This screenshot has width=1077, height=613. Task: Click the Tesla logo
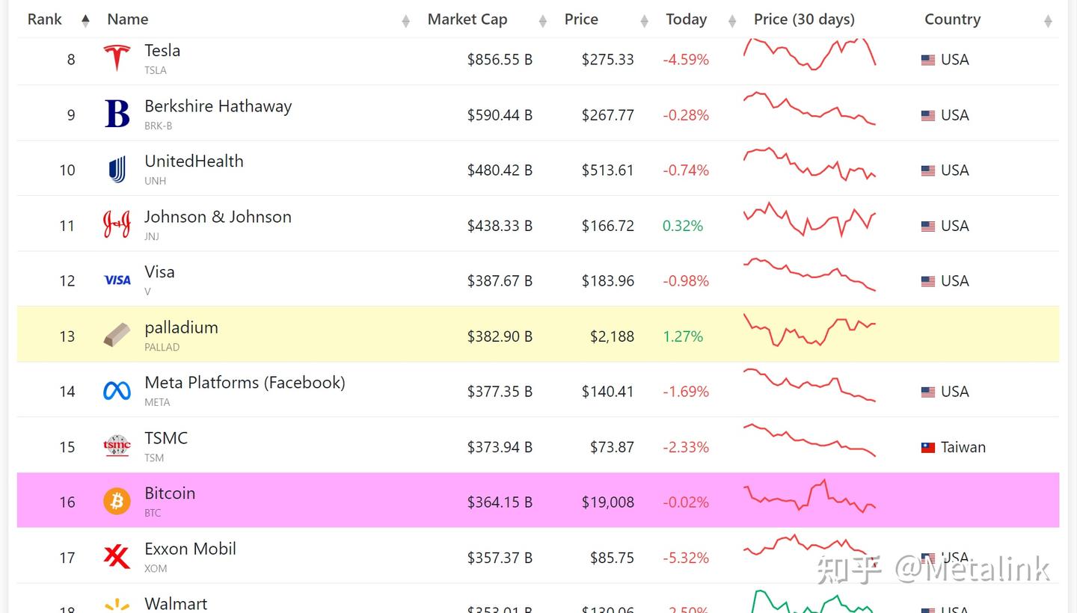[x=117, y=58]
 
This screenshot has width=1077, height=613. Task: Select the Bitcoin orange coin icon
[x=117, y=502]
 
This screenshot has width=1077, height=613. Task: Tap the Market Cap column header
[x=467, y=19]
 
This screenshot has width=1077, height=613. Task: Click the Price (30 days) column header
[x=804, y=19]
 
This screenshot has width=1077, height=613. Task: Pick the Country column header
[x=952, y=19]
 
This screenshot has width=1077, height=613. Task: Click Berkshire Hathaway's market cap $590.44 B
[x=500, y=115]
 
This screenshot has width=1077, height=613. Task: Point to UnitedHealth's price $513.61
[x=607, y=170]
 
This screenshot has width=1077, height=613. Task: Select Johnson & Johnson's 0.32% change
[x=682, y=226]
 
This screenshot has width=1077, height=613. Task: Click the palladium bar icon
[x=117, y=335]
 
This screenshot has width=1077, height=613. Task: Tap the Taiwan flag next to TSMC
[x=927, y=448]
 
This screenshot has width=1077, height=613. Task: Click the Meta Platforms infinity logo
[x=117, y=391]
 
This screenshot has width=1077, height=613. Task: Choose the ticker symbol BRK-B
[x=158, y=126]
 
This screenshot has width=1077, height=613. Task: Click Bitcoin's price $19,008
[x=607, y=502]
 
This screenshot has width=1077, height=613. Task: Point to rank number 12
[x=67, y=281]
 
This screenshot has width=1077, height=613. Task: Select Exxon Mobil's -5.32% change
[x=685, y=558]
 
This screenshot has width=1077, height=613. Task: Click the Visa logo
[x=117, y=280]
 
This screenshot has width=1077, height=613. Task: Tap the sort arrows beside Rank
[x=85, y=20]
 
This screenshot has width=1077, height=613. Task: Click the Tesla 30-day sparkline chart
[x=809, y=54]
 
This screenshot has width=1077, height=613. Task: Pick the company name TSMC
[x=166, y=438]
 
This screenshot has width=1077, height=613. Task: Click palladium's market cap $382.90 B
[x=500, y=336]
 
